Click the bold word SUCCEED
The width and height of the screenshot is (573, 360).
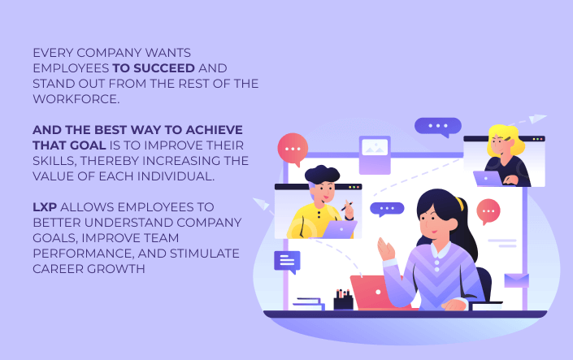tap(164, 68)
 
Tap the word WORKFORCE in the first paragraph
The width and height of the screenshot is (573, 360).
tap(75, 99)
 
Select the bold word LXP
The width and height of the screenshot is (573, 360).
tap(45, 207)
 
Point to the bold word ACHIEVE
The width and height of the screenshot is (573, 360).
tap(214, 130)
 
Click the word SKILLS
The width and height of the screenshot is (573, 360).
tap(54, 161)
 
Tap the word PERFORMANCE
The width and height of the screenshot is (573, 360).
tap(83, 254)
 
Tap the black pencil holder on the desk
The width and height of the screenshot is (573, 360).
tap(343, 300)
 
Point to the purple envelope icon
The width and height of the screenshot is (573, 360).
tap(516, 280)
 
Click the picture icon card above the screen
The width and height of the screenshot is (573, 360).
tap(375, 154)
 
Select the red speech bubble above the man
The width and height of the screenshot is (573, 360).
tap(293, 150)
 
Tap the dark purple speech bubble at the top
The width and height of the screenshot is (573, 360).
tap(438, 127)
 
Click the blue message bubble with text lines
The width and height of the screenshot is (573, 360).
tap(287, 262)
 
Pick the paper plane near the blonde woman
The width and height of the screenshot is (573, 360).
tap(537, 119)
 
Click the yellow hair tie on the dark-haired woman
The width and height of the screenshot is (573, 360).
tap(460, 204)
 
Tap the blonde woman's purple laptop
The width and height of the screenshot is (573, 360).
tap(488, 178)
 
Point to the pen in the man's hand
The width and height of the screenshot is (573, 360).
tap(347, 206)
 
